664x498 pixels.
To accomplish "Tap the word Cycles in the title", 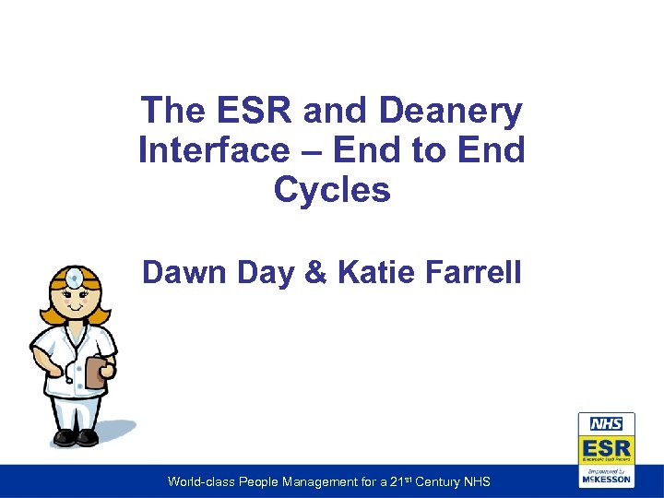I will point(332,190).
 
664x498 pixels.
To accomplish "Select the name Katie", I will point(374,272).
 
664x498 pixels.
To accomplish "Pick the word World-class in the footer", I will point(200,481).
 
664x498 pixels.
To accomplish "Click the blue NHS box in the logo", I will point(606,424).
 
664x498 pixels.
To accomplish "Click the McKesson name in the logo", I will point(606,480).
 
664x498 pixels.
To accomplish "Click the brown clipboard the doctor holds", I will point(94,372).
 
